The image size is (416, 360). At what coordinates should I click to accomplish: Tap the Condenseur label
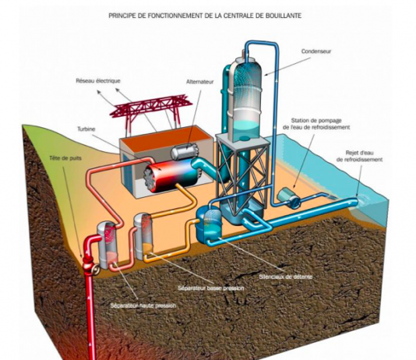tap(316, 51)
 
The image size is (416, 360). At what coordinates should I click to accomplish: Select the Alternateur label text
tap(199, 82)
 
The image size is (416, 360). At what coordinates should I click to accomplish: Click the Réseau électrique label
tap(98, 80)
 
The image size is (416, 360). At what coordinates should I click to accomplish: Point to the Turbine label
tap(86, 129)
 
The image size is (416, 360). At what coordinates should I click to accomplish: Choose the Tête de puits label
tap(65, 158)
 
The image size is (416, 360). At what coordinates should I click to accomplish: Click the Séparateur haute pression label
tap(143, 305)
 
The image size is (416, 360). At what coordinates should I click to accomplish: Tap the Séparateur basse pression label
tap(211, 288)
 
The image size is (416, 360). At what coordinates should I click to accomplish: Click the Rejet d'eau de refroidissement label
tap(359, 156)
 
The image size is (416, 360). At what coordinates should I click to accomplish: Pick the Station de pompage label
tap(316, 121)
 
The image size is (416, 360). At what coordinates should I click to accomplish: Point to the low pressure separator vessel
tap(143, 236)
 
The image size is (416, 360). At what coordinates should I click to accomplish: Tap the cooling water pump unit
tap(288, 196)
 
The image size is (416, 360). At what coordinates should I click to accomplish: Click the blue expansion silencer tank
tap(209, 222)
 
